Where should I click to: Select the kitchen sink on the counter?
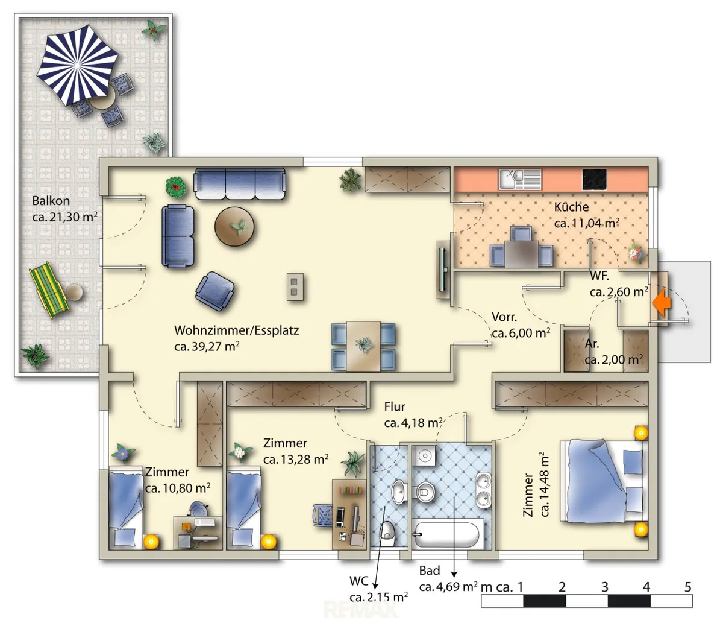click(x=520, y=179)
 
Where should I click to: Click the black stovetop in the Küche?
click(x=594, y=179)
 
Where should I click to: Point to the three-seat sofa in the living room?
click(x=240, y=183)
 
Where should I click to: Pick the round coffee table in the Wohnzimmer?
click(x=234, y=227)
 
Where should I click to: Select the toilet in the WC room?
click(x=387, y=534)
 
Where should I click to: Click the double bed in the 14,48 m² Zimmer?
click(x=604, y=481)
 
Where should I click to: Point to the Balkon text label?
click(x=51, y=201)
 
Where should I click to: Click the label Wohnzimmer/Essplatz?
click(x=236, y=330)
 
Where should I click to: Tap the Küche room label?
click(x=571, y=207)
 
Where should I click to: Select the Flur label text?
click(x=395, y=407)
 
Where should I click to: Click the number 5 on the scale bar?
click(x=687, y=587)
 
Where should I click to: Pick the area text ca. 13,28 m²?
click(x=296, y=460)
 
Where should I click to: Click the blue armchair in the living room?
click(x=214, y=291)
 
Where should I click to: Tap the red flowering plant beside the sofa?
click(x=177, y=188)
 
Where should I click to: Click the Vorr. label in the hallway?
click(x=504, y=317)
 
